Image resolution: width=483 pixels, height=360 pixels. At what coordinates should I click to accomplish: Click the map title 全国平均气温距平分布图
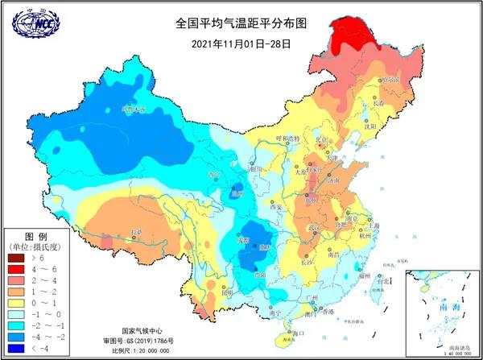(x=242, y=24)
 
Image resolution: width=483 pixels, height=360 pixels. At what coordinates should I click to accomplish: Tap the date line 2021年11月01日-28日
(x=242, y=43)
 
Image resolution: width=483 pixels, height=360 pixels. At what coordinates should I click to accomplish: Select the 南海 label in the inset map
(x=441, y=306)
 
